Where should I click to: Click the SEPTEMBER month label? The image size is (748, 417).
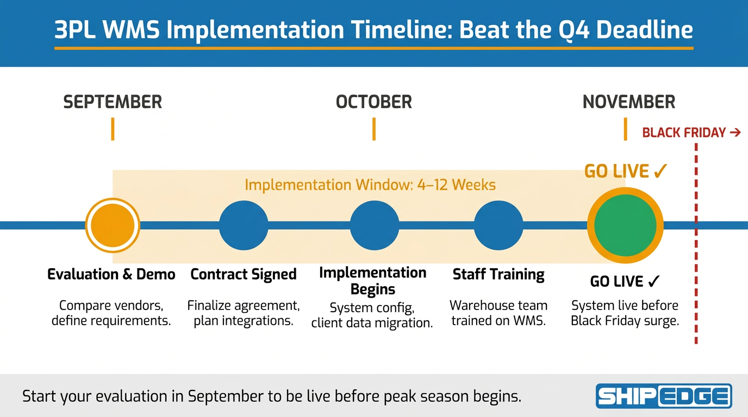[113, 102]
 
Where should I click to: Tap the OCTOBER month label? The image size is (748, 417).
[373, 102]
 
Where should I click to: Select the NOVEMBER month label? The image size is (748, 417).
[629, 102]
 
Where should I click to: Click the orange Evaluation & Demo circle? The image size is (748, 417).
[113, 225]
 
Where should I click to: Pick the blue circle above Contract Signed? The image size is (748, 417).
[244, 225]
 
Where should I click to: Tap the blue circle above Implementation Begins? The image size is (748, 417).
[375, 225]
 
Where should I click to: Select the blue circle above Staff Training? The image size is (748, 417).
[498, 225]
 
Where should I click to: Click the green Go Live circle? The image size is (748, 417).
[625, 225]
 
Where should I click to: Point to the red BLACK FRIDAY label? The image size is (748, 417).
[684, 132]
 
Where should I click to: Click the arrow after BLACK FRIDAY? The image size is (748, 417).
[735, 132]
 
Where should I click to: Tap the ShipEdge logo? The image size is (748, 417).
[664, 396]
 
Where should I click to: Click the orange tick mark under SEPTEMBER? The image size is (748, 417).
[113, 129]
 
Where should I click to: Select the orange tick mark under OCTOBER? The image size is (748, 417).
[374, 129]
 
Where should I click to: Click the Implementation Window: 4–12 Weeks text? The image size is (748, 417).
[370, 185]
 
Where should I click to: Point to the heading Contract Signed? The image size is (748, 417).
[244, 274]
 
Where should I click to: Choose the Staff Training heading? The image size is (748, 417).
[498, 274]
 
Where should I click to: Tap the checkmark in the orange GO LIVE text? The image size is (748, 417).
[660, 171]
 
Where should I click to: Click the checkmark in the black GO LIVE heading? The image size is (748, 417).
[653, 281]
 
